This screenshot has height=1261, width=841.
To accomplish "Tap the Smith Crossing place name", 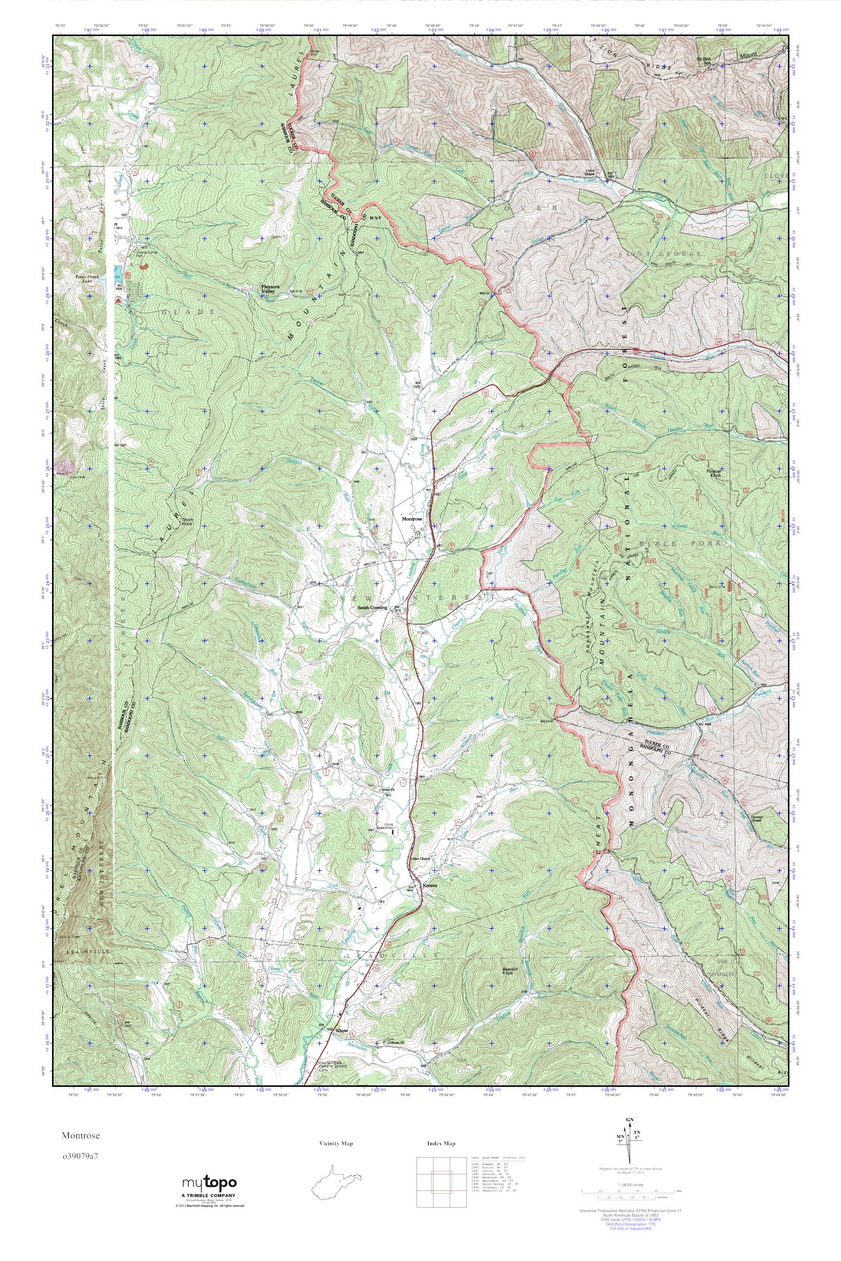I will coord(373,608).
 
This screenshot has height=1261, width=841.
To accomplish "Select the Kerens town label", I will coord(430,885).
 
